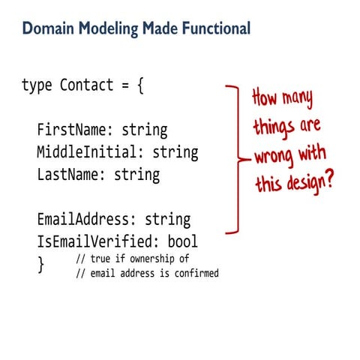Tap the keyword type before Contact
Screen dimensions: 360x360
click(x=37, y=85)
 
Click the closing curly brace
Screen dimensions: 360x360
click(x=41, y=263)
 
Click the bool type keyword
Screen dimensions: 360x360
click(x=183, y=242)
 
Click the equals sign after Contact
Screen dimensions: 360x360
click(x=124, y=85)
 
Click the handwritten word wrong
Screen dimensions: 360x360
click(x=274, y=156)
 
